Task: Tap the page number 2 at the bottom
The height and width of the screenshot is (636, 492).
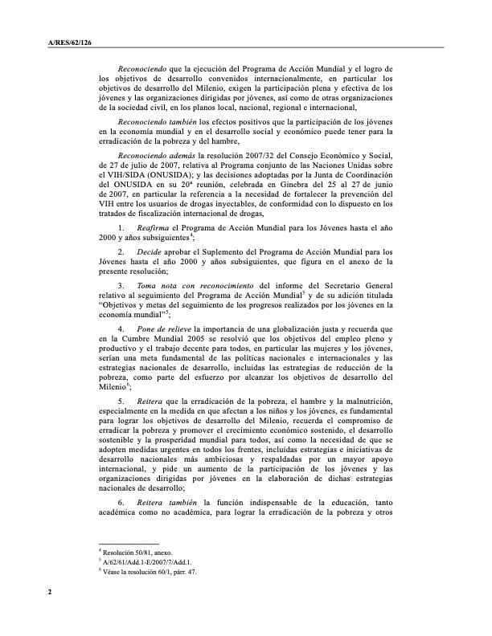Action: point(49,593)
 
